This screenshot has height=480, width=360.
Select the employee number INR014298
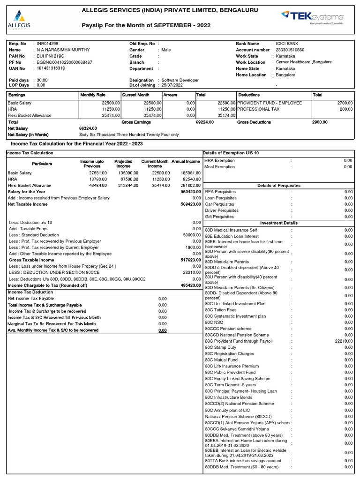48,44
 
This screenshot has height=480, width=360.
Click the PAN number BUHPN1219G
49,56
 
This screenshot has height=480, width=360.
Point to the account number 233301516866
290,50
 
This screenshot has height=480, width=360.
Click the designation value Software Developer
180,80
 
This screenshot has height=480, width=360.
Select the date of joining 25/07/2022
173,85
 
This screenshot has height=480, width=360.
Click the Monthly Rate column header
93,95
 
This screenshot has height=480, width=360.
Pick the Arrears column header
170,95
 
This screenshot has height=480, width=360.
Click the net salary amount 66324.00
88,128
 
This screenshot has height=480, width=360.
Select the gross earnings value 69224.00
204,122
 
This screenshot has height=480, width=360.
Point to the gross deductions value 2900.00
320,122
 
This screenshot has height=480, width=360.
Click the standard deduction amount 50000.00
191,234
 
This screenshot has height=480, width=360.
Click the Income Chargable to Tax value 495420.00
190,285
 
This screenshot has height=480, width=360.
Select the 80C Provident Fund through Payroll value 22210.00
344,341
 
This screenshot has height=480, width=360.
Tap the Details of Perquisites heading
279,186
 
